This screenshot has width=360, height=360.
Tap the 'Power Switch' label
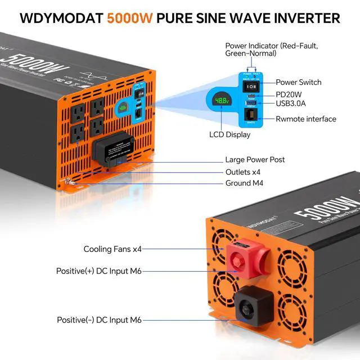298,82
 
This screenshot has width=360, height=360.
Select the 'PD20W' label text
289,93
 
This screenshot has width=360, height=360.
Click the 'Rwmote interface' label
306,119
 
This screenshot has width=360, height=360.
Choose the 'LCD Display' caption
229,134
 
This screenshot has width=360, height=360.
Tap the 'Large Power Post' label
255,160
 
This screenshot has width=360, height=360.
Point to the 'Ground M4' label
244,183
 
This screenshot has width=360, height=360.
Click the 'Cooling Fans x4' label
112,249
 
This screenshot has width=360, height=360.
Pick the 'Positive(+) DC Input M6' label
99,271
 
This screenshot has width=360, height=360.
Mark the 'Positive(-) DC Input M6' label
99,320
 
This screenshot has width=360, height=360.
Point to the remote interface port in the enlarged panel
250,115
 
